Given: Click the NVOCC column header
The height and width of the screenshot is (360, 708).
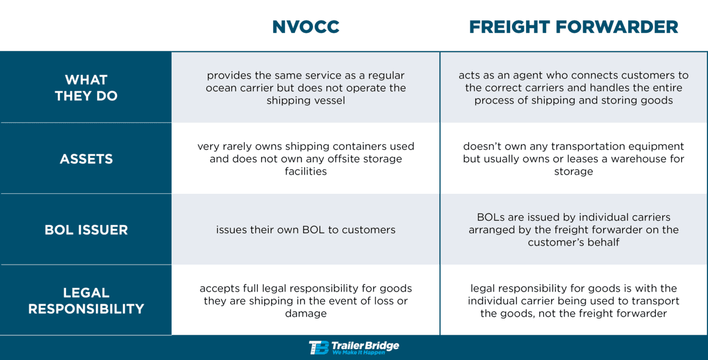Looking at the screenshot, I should coord(305,27).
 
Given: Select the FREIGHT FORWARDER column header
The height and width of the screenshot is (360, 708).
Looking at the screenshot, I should coord(574,27).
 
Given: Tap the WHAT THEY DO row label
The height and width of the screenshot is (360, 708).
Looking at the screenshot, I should coord(86,88).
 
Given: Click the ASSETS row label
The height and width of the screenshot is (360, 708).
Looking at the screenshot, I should coord(86,159).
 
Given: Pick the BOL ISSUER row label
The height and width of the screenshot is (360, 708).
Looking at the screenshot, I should coord(86,230).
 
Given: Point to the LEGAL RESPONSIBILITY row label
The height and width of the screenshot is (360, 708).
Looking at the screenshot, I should coord(86,301).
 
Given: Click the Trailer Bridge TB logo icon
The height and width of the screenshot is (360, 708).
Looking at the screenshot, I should coord(319,347).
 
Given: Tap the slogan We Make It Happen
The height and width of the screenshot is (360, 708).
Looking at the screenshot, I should coord(359,353).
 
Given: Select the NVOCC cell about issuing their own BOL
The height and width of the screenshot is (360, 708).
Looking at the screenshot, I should coord(305,230).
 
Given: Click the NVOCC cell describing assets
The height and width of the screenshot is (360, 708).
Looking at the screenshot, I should coord(305,159).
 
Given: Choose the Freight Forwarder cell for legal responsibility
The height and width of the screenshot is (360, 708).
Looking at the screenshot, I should coord(574,301).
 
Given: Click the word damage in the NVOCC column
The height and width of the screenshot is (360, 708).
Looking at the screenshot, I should coord(306,313).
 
